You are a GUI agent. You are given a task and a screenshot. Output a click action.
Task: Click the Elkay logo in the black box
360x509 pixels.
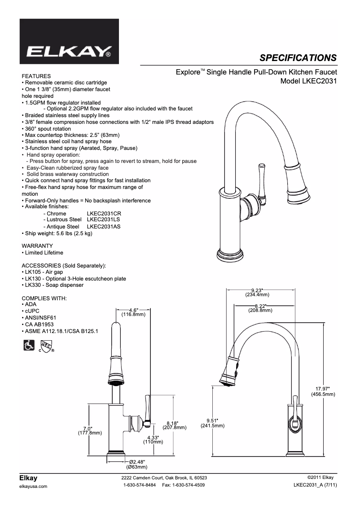click(70, 51)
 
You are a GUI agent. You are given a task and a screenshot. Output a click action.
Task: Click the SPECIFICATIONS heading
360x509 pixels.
click(298, 57)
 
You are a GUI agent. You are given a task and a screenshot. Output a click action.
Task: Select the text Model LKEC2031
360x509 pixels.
click(308, 81)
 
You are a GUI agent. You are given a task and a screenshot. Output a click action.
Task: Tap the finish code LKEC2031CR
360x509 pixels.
click(104, 214)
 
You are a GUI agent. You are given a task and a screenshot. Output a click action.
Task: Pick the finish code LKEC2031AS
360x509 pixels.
click(104, 227)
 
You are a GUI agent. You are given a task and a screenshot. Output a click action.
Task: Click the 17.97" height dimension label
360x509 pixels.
click(323, 389)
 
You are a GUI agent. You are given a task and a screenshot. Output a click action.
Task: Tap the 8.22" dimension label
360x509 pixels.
click(260, 306)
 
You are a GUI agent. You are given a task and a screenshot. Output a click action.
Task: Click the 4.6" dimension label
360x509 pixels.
click(133, 311)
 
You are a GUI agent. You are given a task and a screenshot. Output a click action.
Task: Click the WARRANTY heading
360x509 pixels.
click(37, 246)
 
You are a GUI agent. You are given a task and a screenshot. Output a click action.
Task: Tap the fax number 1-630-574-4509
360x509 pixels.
click(183, 485)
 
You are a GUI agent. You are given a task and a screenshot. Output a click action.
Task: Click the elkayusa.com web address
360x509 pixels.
click(34, 487)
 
